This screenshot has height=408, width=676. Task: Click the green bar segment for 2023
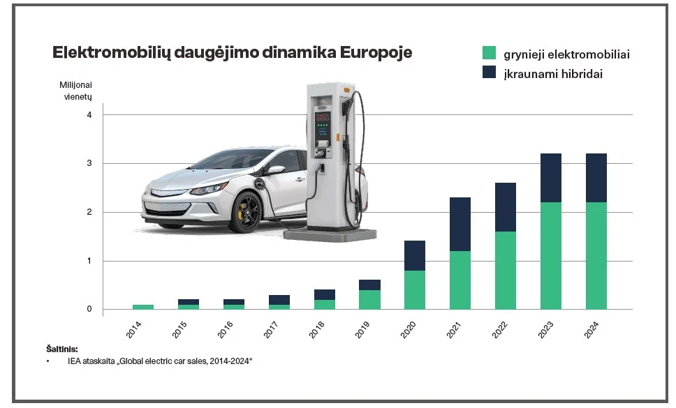click(550, 255)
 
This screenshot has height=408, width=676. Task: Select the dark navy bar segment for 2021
click(460, 224)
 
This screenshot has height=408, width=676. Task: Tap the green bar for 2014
click(142, 307)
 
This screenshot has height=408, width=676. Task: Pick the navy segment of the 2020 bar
click(415, 255)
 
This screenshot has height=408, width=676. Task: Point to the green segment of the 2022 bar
click(505, 270)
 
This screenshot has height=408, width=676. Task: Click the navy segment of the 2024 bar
click(596, 178)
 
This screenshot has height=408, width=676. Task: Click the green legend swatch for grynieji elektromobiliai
click(490, 53)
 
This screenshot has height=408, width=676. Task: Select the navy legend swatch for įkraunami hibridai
click(490, 73)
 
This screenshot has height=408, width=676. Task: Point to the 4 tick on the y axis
click(89, 114)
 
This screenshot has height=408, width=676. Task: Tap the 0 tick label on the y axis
click(89, 309)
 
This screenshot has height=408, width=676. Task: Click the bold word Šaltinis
click(63, 349)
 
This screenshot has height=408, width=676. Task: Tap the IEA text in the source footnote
click(75, 361)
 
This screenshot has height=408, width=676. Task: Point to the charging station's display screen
click(323, 119)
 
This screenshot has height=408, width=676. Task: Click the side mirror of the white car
click(274, 169)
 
